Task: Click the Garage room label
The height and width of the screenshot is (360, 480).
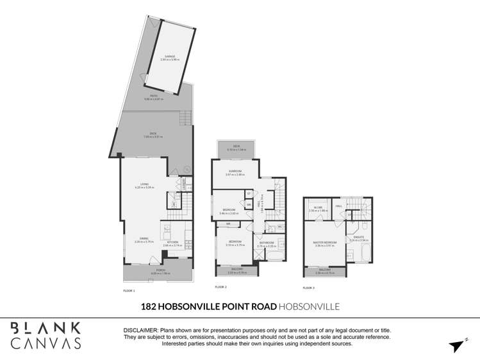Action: [x=169, y=57]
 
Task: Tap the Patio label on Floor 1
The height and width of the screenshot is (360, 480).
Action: [x=154, y=97]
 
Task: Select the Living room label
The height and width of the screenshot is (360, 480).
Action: [x=142, y=186]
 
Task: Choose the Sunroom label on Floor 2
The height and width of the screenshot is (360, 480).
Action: [x=236, y=172]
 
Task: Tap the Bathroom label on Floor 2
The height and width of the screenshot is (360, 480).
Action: [x=266, y=243]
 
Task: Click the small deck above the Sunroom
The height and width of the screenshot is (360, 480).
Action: [x=236, y=148]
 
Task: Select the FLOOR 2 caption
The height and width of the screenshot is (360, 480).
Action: [x=221, y=287]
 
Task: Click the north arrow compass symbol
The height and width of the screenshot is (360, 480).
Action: [x=456, y=346]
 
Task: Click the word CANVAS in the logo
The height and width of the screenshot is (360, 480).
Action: [x=46, y=343]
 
